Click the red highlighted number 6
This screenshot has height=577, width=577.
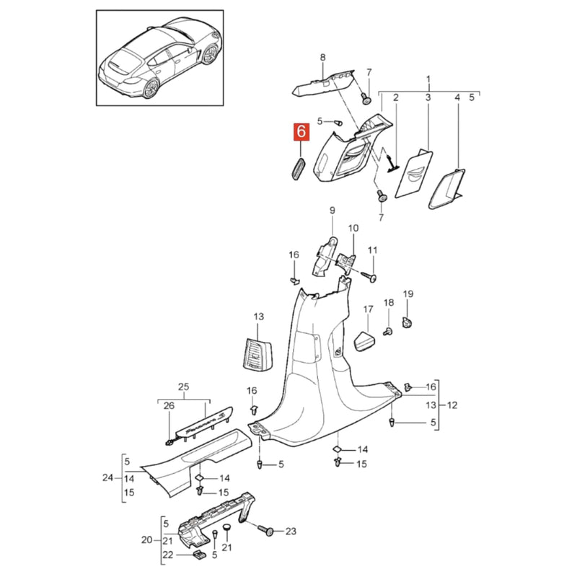[301, 132]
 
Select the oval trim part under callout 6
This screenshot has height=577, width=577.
[299, 168]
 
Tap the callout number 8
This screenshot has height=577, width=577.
[322, 58]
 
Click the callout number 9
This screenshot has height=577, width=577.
[332, 211]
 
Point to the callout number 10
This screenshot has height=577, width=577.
[353, 228]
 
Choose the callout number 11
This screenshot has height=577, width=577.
[373, 250]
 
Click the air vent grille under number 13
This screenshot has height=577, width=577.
[257, 354]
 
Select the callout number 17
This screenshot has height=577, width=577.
[369, 309]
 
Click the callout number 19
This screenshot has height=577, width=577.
[408, 294]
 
